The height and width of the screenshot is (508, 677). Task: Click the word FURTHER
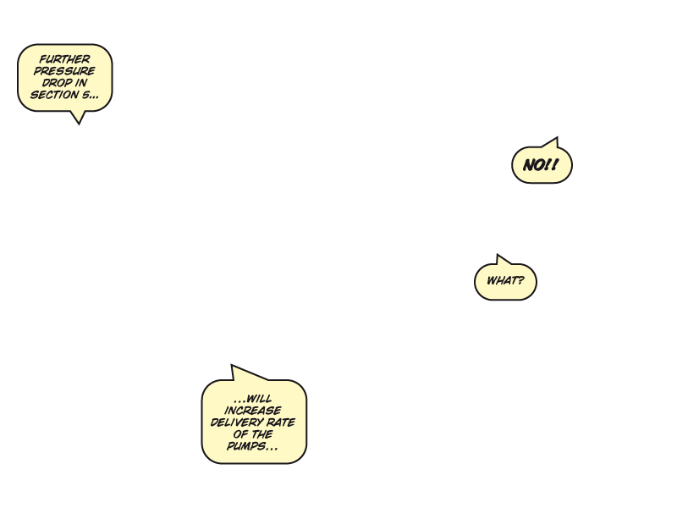64,59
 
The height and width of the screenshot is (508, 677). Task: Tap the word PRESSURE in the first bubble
64,71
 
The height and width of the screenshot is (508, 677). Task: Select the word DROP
57,83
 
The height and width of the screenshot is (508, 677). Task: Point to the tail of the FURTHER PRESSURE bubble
79,116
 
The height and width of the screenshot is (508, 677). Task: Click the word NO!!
541,166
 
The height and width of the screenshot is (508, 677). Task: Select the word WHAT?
505,281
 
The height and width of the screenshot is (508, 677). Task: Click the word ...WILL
253,398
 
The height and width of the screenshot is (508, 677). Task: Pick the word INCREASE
253,410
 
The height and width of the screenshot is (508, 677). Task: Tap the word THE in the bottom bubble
263,434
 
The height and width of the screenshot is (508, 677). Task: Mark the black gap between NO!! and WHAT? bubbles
523,220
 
